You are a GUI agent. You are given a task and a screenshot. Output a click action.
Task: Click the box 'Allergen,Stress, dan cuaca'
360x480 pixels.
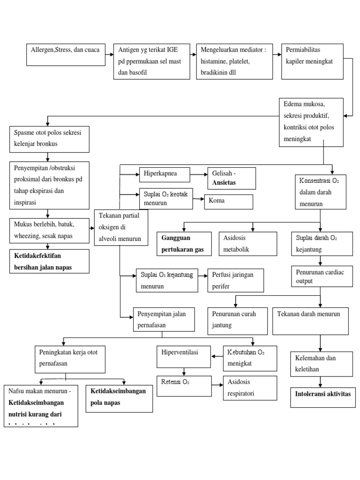click(65, 55)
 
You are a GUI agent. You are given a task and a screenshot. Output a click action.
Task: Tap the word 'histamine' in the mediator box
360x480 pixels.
click(216, 61)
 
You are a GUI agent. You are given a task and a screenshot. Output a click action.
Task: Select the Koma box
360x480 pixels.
click(228, 202)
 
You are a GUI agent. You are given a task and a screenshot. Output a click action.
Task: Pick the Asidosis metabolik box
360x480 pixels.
click(253, 243)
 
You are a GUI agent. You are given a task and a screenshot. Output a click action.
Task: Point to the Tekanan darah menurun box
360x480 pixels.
click(310, 321)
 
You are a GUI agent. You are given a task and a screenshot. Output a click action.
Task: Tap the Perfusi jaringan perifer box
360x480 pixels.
click(236, 280)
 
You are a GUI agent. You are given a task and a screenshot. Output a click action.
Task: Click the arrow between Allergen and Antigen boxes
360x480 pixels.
click(109, 55)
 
